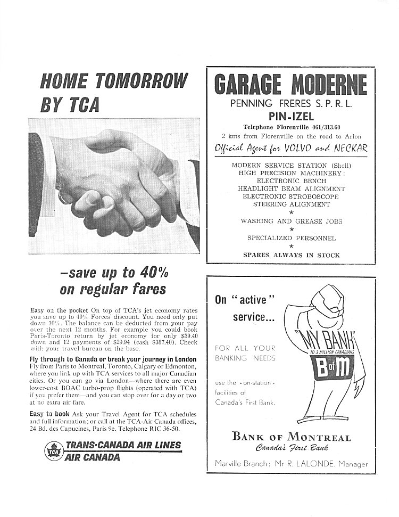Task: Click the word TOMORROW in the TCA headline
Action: [140, 81]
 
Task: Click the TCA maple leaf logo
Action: [53, 452]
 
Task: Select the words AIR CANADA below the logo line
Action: [92, 457]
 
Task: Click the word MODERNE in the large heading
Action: [328, 85]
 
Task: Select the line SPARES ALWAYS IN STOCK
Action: [291, 255]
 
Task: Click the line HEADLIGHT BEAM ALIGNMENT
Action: [291, 188]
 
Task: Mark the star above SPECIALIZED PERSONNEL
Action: [291, 229]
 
